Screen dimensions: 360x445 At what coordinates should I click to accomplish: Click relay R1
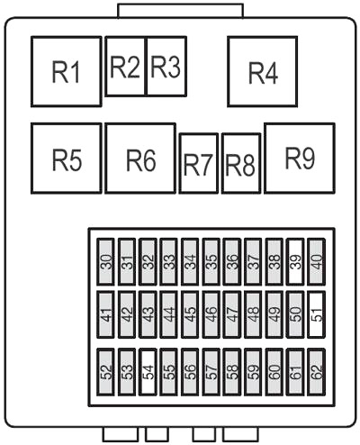tap(67, 71)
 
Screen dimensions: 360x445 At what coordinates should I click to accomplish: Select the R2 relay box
tap(126, 66)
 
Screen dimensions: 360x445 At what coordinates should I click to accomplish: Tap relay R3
tap(166, 66)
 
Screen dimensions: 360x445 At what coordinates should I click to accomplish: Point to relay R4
tap(263, 71)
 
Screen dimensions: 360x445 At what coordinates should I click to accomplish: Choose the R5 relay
tap(67, 158)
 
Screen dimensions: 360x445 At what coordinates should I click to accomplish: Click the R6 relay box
tap(140, 158)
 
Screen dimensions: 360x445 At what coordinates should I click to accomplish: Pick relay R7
tap(199, 163)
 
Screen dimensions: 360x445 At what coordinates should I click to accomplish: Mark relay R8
tap(241, 163)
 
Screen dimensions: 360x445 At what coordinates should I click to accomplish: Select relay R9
tap(300, 158)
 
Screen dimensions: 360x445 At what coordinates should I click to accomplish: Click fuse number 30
tap(105, 261)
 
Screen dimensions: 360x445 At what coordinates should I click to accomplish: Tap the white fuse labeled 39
tap(295, 261)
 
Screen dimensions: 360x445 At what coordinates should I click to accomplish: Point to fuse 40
tap(317, 261)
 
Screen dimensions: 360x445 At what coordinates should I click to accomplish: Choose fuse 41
tap(105, 314)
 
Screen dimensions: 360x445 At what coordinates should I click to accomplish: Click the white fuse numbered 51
tap(317, 314)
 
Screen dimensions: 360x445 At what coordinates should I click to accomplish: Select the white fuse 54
tap(148, 372)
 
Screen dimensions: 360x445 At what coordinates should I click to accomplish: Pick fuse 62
tap(317, 372)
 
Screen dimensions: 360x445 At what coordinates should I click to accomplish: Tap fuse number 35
tap(211, 261)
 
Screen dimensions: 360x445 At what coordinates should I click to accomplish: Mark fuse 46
tap(211, 314)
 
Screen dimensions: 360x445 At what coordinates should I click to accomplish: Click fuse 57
tap(211, 372)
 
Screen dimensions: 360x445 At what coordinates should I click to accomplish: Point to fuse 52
tap(105, 372)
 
